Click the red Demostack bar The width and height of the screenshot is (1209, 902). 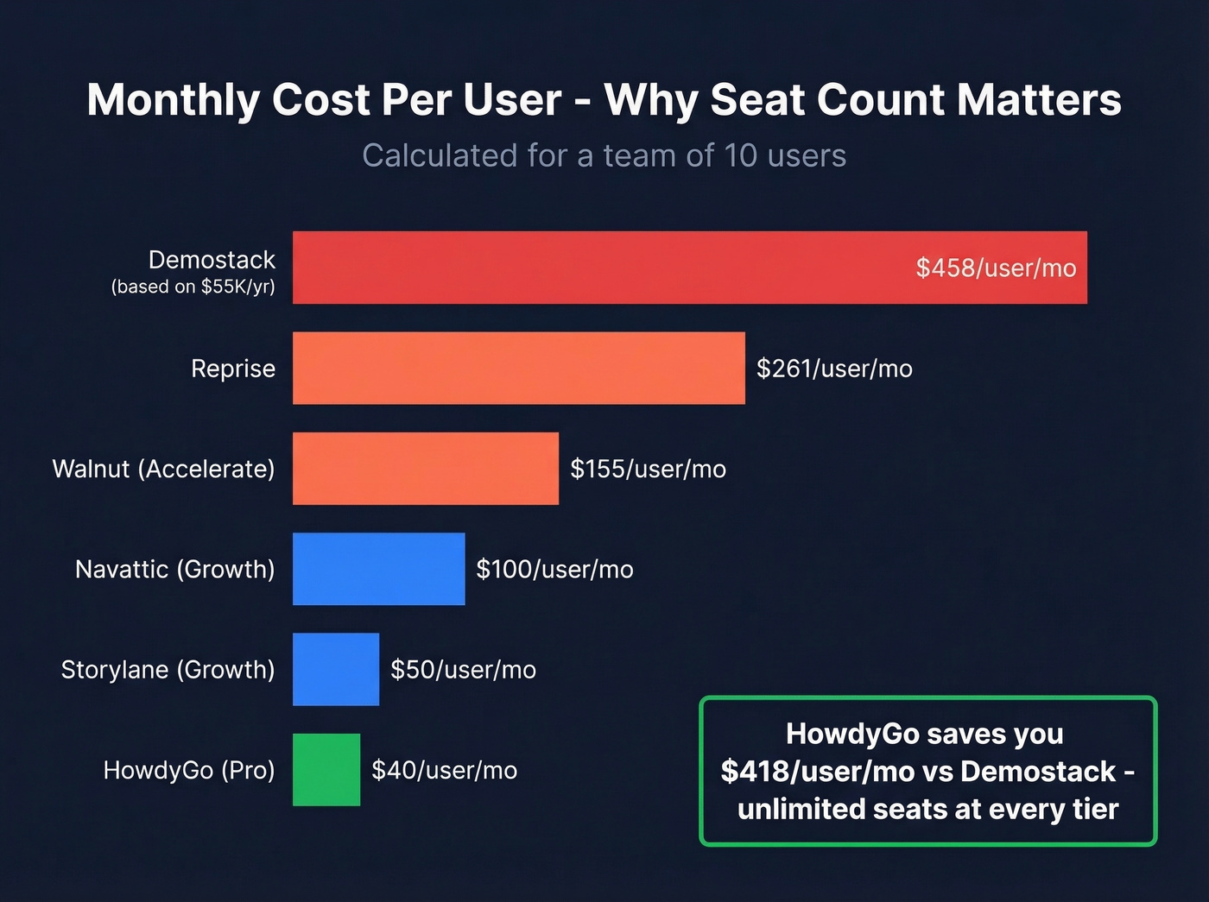[x=604, y=268]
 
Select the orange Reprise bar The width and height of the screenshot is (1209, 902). [x=518, y=369]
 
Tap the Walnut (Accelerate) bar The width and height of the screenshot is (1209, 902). [x=425, y=469]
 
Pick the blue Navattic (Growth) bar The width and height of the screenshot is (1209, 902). [x=378, y=569]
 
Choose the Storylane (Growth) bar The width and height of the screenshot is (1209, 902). [x=335, y=670]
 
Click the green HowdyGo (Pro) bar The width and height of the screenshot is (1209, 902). [x=326, y=770]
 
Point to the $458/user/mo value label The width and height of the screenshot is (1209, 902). [x=996, y=268]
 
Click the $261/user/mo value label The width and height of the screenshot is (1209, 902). [x=834, y=369]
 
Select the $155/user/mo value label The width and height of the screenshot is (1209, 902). [x=648, y=469]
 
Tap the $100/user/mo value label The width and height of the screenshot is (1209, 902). [x=554, y=569]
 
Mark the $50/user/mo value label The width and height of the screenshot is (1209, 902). [x=463, y=670]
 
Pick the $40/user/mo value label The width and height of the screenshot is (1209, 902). [x=444, y=770]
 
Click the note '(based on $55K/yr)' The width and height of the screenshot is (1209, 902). [x=193, y=287]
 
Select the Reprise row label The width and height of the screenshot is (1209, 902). [x=233, y=369]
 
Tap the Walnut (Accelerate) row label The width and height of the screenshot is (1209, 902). [x=163, y=469]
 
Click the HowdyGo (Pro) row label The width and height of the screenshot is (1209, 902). [x=188, y=770]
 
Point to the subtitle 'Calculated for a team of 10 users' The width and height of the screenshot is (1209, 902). [x=604, y=155]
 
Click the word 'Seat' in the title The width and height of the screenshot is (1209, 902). [x=761, y=99]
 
